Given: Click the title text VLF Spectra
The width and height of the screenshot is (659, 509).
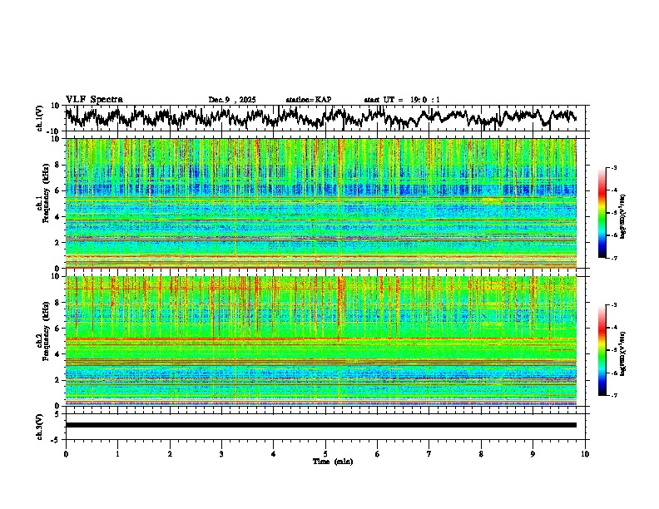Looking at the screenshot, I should (x=94, y=99).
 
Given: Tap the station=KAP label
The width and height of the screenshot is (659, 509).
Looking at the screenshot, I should (x=308, y=100).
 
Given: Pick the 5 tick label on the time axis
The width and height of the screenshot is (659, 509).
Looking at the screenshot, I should (x=325, y=453).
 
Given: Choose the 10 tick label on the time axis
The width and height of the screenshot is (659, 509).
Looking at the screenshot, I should (x=585, y=453).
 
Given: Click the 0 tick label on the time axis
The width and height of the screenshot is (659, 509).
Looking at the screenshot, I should (x=66, y=453).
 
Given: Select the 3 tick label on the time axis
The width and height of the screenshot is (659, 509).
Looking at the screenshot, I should (x=221, y=453).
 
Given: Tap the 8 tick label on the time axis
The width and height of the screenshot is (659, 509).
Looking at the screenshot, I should (x=481, y=453).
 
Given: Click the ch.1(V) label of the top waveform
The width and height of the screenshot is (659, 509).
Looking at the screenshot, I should (x=40, y=118).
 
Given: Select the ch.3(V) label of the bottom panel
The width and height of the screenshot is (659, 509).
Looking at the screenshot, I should (x=40, y=425).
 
